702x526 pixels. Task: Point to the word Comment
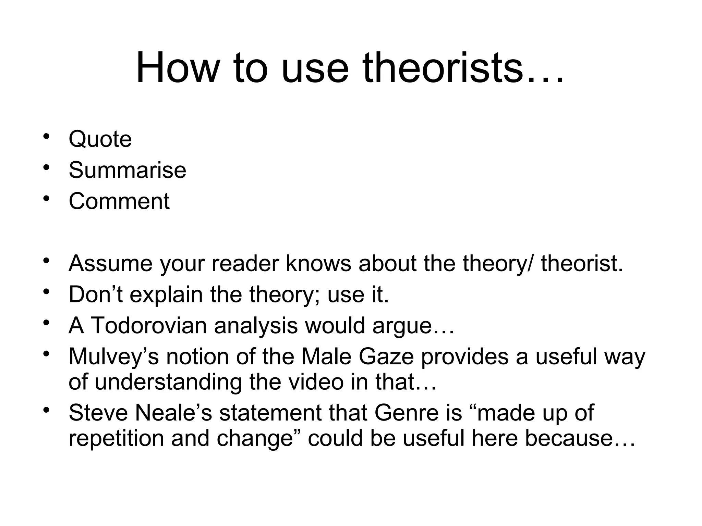119,201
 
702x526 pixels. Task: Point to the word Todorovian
149,325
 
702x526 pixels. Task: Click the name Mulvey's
114,357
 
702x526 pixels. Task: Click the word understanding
168,382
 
